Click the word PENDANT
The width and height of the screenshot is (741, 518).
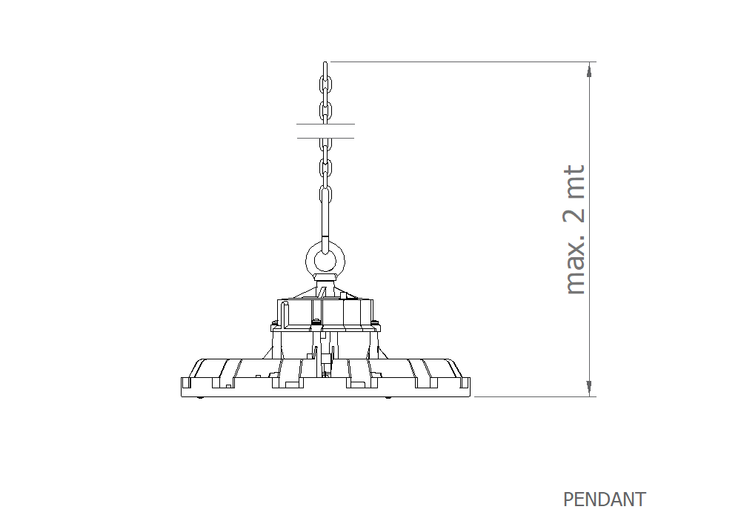click(605, 499)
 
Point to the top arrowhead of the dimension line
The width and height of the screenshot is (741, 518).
click(589, 69)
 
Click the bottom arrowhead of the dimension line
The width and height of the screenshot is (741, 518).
click(589, 388)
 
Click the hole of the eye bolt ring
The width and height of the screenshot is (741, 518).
click(325, 260)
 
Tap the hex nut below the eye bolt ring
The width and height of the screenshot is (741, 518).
click(325, 276)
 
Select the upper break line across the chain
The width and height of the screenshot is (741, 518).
click(325, 124)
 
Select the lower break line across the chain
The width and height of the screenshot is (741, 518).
click(325, 139)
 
